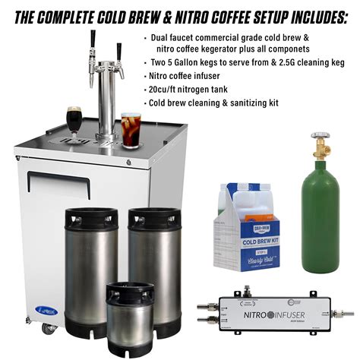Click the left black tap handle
point(93,40)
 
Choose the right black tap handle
point(119,50)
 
